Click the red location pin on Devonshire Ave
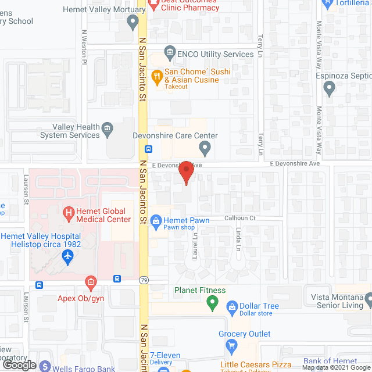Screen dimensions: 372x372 (185, 173)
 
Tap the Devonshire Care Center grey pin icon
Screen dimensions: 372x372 (204, 149)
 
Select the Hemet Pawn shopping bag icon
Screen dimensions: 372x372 (155, 221)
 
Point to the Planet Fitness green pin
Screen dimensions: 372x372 (212, 303)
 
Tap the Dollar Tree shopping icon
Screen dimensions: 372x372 (231, 306)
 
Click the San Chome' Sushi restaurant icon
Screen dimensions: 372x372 (156, 75)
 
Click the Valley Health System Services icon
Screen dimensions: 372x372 (107, 130)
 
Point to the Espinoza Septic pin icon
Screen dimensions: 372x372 (330, 89)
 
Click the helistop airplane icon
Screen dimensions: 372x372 (68, 255)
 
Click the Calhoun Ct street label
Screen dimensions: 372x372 (241, 218)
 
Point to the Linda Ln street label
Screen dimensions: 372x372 (238, 239)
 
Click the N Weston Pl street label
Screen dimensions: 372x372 (85, 47)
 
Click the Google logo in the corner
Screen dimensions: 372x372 (19, 364)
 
